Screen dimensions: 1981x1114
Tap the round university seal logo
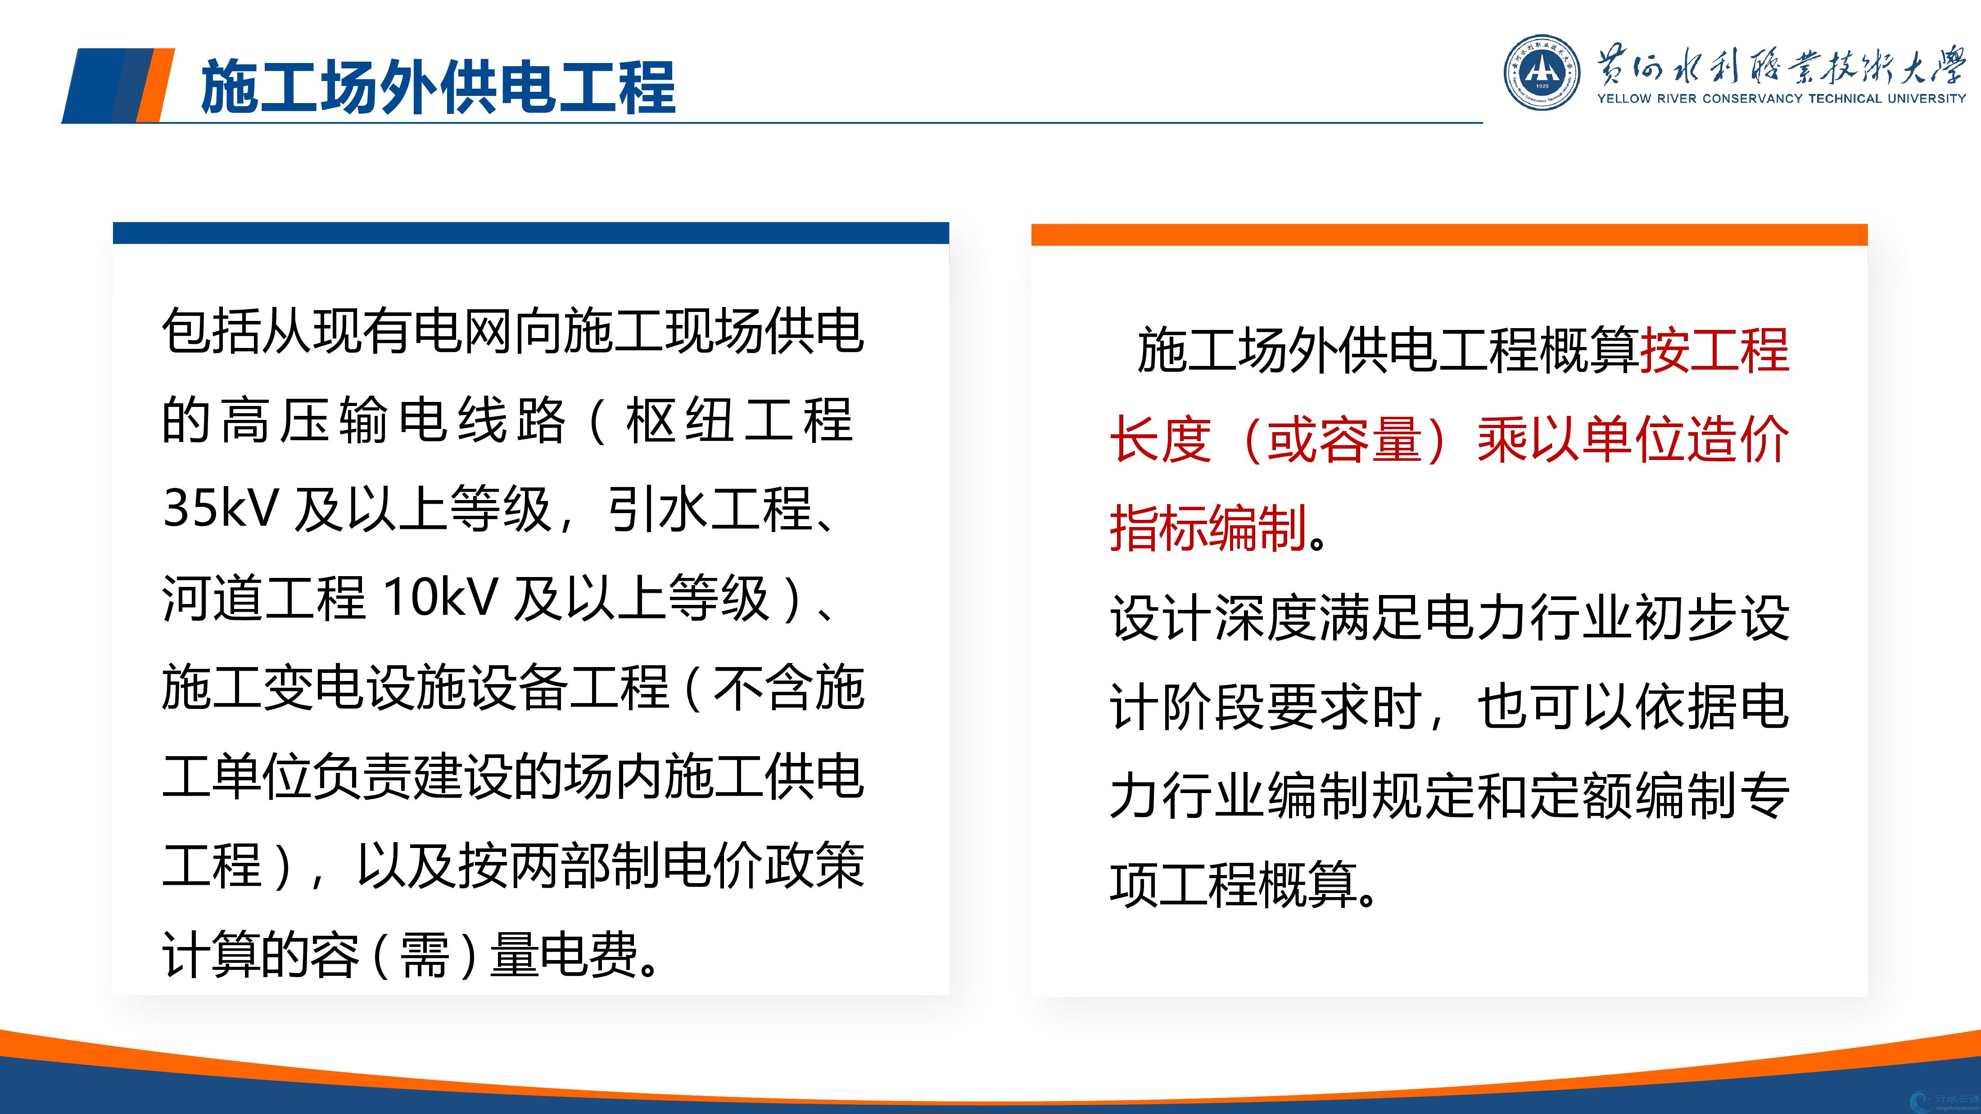point(1542,73)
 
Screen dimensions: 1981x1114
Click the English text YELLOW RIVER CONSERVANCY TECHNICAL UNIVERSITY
point(1781,99)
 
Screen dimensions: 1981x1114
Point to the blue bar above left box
point(531,233)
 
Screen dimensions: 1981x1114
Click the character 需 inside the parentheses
point(425,954)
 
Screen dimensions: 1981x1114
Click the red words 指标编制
point(1208,528)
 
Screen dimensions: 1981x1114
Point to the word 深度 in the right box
point(1266,618)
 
